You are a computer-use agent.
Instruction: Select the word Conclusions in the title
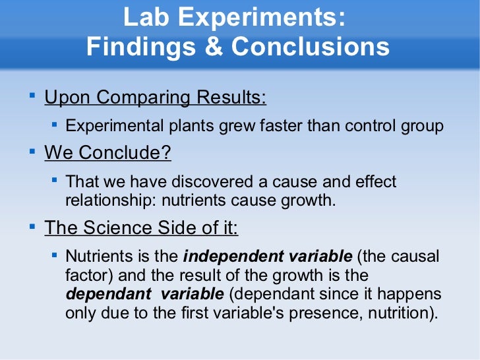(x=310, y=47)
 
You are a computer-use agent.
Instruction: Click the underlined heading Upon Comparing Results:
(x=155, y=98)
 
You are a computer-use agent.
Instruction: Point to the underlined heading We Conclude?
(x=107, y=153)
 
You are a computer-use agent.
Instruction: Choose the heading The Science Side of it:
(x=141, y=228)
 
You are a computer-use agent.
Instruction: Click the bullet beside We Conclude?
(x=32, y=152)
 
